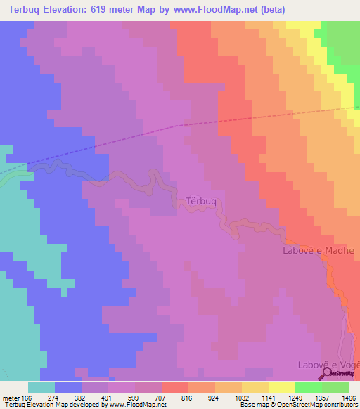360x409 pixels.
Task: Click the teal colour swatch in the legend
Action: [x=41, y=387]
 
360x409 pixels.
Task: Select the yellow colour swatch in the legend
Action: [x=281, y=387]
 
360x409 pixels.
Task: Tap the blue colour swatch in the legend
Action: [x=68, y=387]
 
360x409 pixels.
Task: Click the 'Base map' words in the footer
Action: [x=253, y=405]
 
